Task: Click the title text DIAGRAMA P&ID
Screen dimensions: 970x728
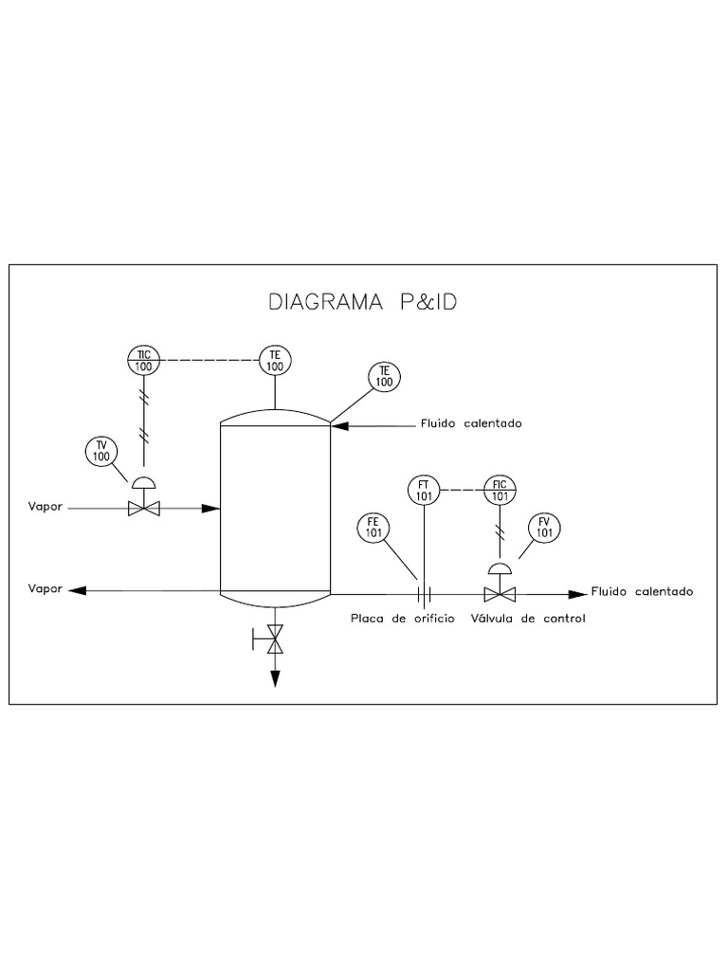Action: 364,303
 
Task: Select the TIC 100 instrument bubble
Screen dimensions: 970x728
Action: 144,360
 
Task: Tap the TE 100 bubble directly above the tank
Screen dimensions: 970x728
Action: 275,360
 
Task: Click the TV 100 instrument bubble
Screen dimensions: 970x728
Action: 100,450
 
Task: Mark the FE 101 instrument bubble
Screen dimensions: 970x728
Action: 373,528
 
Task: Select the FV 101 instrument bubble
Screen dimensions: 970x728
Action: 543,528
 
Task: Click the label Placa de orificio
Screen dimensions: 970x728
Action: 402,619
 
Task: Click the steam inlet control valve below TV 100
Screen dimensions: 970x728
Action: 144,509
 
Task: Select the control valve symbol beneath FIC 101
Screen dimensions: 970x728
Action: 499,594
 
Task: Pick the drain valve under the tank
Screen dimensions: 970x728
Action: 275,640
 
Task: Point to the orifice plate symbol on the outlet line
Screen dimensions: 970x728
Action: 424,594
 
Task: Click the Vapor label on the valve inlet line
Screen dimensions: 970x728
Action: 45,507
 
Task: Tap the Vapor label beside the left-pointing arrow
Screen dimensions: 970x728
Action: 45,588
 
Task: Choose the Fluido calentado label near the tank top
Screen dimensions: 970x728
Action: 471,424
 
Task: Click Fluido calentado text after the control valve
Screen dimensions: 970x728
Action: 641,592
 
